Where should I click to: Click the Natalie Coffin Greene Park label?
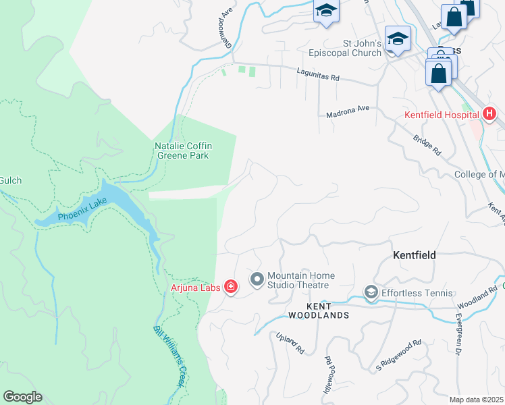[x=182, y=150]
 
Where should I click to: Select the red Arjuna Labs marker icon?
[x=231, y=288]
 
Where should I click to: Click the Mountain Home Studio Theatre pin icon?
[x=257, y=279]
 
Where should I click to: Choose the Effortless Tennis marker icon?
[x=371, y=292]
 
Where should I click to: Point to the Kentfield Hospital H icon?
[x=489, y=115]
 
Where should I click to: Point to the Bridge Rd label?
[x=427, y=142]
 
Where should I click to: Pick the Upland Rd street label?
[x=291, y=343]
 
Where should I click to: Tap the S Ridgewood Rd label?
[x=398, y=353]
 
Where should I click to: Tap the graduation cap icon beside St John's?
[x=398, y=39]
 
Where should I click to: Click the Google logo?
[x=22, y=396]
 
